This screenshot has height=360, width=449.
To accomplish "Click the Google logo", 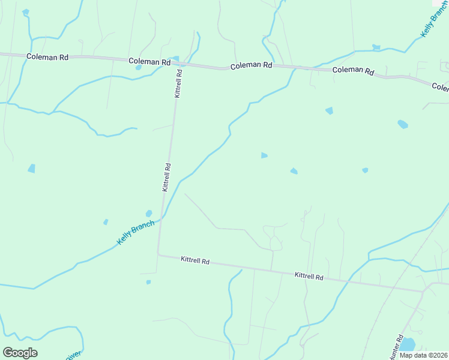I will click(20, 353).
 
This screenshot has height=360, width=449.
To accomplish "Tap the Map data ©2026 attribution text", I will click(424, 355).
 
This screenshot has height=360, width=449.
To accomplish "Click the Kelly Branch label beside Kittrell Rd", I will click(135, 232).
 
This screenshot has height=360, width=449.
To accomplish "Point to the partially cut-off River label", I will click(73, 356).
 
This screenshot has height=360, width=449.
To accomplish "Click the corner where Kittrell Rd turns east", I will click(158, 254).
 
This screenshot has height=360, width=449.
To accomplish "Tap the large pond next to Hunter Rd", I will click(407, 344).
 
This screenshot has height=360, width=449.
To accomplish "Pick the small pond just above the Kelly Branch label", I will click(148, 213).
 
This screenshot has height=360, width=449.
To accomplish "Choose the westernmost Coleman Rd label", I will click(47, 57).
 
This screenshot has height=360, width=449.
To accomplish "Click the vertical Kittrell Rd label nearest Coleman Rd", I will click(178, 83).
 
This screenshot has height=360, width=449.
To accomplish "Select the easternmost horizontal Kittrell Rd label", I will click(309, 277).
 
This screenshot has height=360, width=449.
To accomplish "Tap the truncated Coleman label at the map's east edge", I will click(441, 88).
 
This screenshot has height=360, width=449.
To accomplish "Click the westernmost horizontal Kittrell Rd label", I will click(195, 261).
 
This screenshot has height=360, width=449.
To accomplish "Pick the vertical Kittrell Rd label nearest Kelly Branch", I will click(167, 177).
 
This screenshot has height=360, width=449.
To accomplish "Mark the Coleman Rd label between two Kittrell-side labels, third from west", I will click(252, 65).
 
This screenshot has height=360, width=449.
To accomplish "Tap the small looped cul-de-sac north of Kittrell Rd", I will click(275, 242).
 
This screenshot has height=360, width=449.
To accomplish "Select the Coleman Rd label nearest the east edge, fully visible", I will click(354, 71).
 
